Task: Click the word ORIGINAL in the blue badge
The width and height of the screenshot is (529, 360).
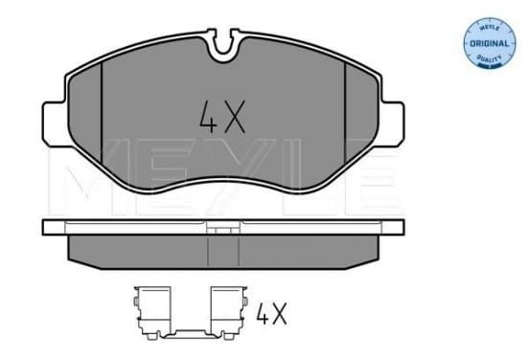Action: point(489,43)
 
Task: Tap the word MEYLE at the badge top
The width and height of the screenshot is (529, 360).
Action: point(489,28)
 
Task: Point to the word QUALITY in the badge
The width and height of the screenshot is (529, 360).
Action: point(489,58)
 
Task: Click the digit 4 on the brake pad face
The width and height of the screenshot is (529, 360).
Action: point(208,117)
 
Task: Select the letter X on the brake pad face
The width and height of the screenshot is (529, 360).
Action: point(235,117)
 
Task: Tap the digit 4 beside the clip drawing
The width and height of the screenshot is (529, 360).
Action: point(262,313)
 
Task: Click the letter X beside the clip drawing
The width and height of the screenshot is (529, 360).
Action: point(279,313)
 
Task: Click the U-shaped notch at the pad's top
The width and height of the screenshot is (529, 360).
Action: point(223,46)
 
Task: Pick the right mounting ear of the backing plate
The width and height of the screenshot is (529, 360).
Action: point(392,124)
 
